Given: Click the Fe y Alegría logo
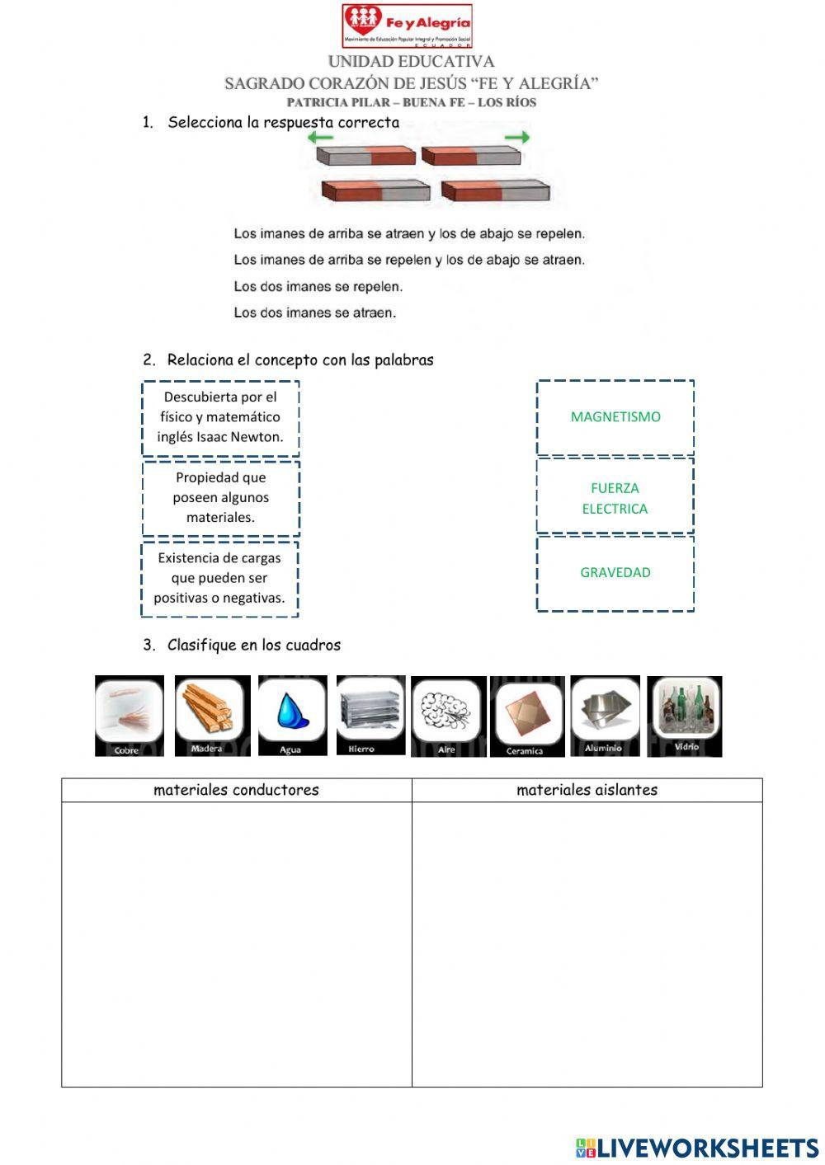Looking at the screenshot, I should pos(407,26).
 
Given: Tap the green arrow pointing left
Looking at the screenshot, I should pos(320,139).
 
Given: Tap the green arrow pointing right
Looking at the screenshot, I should pos(517,138).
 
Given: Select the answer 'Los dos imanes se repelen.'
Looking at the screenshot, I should pos(318,287).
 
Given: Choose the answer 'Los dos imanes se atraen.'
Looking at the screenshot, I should pos(315,313).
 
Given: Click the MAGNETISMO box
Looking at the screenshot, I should pos(615,417).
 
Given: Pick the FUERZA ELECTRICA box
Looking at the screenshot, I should pos(615,498).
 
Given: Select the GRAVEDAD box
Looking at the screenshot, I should pos(615,573).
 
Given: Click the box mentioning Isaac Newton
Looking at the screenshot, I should pos(220,417).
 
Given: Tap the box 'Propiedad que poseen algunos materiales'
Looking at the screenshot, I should pos(220,497).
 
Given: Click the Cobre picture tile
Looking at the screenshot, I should pos(129,716).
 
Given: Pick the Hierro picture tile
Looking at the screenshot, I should pos(370,715).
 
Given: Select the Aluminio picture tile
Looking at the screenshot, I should pos(605,716).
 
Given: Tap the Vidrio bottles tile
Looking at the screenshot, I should pos(685,716).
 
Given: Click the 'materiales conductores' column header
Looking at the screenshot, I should pos(236,790).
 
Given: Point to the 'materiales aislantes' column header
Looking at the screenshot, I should pos(587,790).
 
